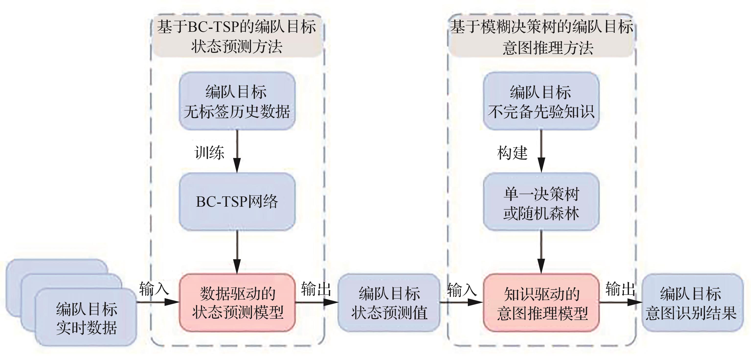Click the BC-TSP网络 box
[x=237, y=202]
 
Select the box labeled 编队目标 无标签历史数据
[x=237, y=101]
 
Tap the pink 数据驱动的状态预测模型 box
[x=237, y=303]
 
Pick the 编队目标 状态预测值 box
[x=389, y=303]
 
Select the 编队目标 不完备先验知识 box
[x=541, y=101]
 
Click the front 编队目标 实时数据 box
[x=86, y=318]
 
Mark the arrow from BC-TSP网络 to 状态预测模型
[x=237, y=252]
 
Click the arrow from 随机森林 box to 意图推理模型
[x=541, y=252]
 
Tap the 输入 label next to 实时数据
[x=154, y=289]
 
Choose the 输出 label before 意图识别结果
[x=620, y=289]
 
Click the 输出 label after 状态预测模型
[x=316, y=289]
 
